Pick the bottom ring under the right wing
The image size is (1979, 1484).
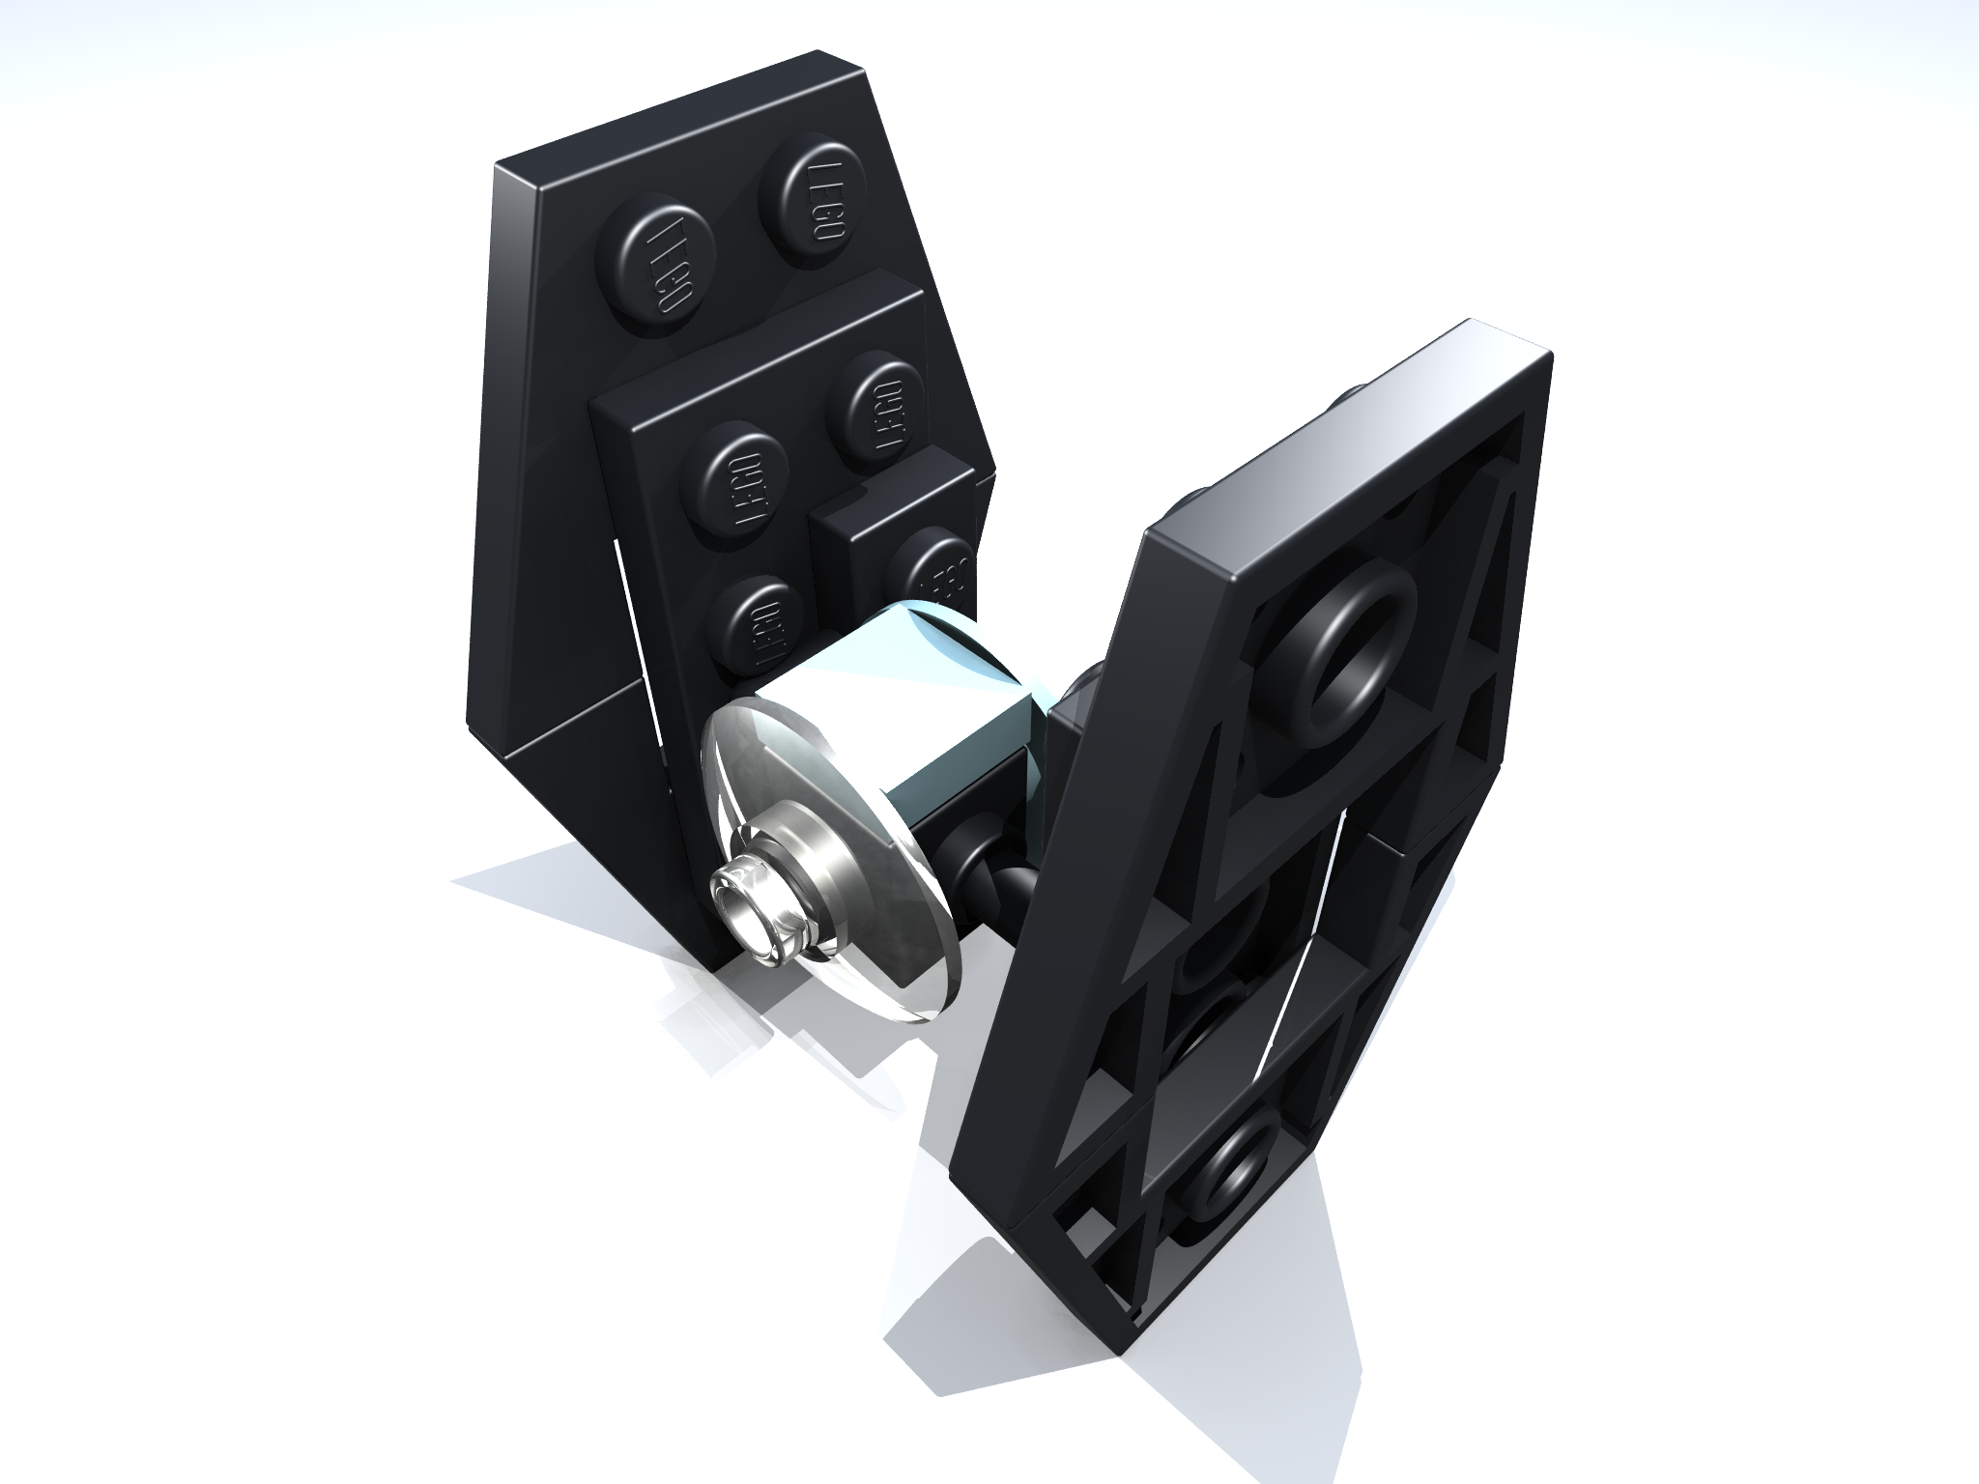(x=1232, y=1179)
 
